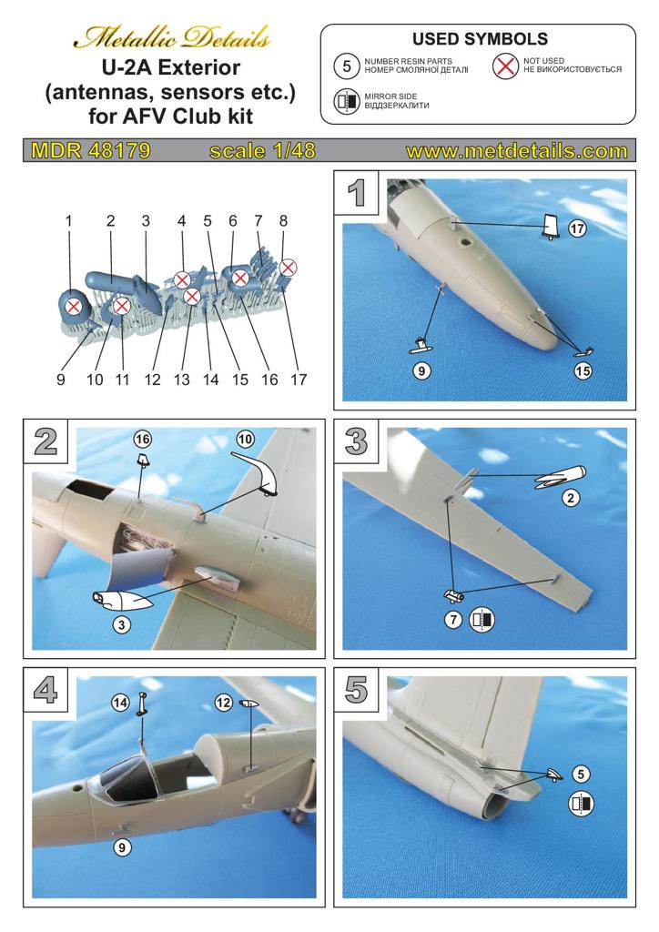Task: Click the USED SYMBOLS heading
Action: [x=480, y=39]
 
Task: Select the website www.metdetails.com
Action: [x=516, y=151]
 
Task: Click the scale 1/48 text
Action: [x=262, y=151]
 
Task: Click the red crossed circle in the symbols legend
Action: [x=505, y=66]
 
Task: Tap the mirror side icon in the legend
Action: [x=346, y=101]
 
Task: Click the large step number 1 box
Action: [x=357, y=192]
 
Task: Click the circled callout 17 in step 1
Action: [x=577, y=229]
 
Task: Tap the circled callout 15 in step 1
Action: [x=584, y=370]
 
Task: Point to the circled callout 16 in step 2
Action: [x=142, y=439]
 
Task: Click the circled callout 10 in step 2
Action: [x=245, y=439]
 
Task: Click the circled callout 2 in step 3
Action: [x=571, y=498]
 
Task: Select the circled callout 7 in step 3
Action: [x=453, y=621]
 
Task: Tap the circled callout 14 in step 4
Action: [x=143, y=702]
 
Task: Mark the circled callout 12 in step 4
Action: [x=223, y=702]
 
